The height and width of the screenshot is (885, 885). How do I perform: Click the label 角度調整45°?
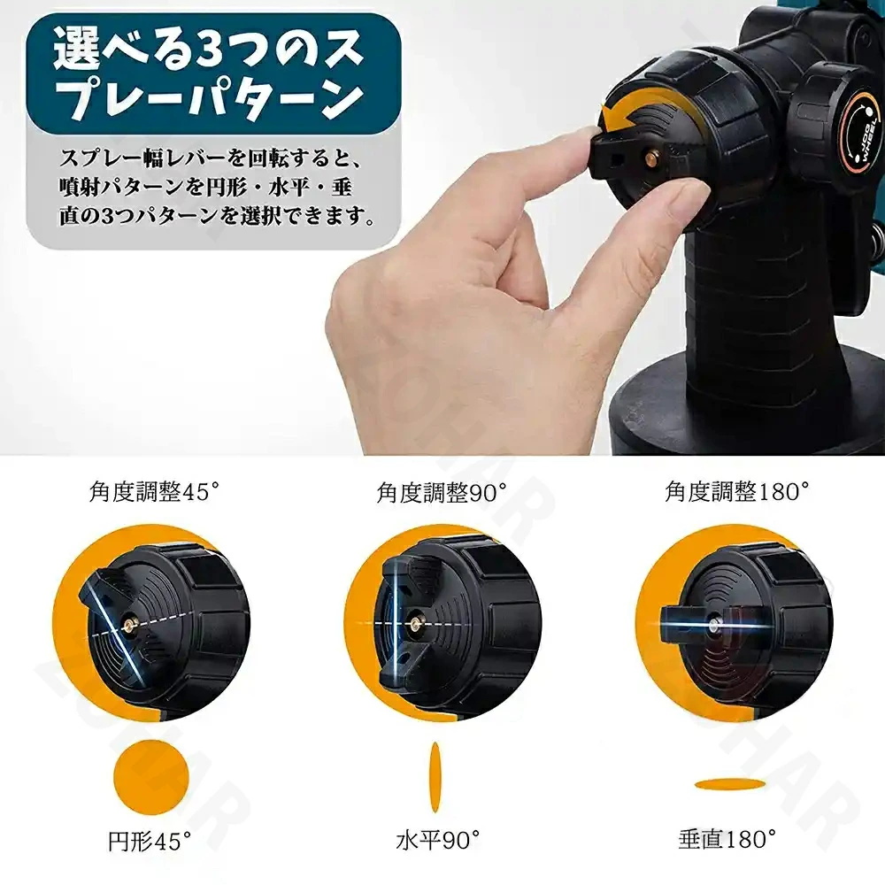(x=154, y=492)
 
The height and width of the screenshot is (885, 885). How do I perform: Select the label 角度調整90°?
(x=442, y=492)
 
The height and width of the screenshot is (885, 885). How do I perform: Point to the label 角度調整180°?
(x=736, y=491)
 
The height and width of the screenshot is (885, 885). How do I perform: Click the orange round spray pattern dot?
(x=151, y=777)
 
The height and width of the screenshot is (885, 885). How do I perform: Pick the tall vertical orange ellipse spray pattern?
(x=435, y=777)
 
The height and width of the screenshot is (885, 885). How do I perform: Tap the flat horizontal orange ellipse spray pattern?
(x=730, y=784)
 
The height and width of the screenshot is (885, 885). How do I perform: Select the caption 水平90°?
(x=438, y=841)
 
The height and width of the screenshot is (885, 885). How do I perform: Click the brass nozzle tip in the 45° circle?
(x=130, y=624)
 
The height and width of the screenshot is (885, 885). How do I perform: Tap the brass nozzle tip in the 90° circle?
(x=417, y=623)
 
